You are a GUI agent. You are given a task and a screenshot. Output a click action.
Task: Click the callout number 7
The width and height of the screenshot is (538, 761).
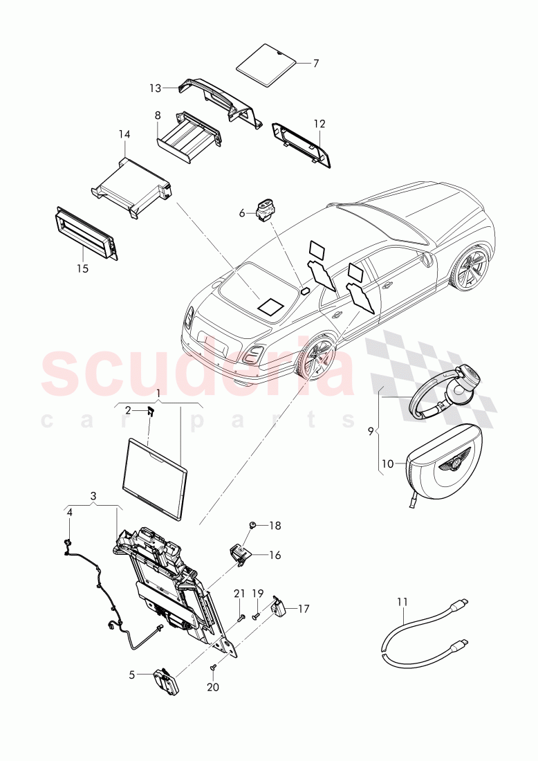tap(316, 63)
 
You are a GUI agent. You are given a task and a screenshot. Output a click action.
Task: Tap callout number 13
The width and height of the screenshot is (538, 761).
tap(155, 88)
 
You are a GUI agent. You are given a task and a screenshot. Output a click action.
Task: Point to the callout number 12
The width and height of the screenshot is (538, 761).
tap(319, 124)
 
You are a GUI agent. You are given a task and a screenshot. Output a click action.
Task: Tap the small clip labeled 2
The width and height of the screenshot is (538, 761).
tap(151, 412)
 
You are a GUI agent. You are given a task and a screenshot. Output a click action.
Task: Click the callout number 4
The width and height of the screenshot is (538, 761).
tap(69, 512)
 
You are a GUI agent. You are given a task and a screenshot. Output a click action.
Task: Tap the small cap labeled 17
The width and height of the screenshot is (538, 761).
tap(279, 607)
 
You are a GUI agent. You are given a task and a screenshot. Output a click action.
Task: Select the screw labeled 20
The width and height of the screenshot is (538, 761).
tap(214, 667)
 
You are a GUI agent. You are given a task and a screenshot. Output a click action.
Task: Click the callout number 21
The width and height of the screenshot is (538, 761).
tap(240, 593)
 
